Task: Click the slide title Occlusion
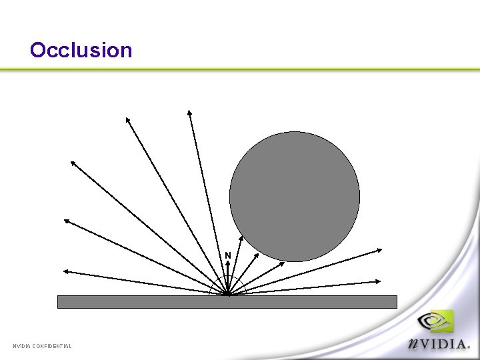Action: pyautogui.click(x=81, y=50)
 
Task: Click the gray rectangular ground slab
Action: pyautogui.click(x=227, y=302)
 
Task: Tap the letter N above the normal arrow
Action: pyautogui.click(x=228, y=255)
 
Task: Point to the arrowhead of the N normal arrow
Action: pyautogui.click(x=227, y=263)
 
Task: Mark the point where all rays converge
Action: pyautogui.click(x=227, y=294)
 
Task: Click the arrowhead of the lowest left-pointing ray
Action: pyautogui.click(x=64, y=271)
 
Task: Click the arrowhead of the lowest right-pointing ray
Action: pyautogui.click(x=381, y=281)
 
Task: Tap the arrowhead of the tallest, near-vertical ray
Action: pyautogui.click(x=189, y=111)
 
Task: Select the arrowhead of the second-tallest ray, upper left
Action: pyautogui.click(x=127, y=119)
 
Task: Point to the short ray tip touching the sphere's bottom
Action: pyautogui.click(x=283, y=262)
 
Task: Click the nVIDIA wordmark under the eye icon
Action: pyautogui.click(x=441, y=343)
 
